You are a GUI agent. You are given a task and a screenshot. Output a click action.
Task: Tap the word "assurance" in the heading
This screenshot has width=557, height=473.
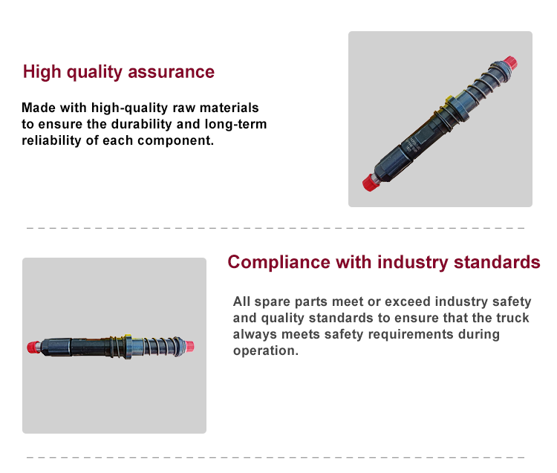coord(172,72)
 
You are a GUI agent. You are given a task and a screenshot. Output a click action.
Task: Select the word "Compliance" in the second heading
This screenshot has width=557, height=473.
coord(278,263)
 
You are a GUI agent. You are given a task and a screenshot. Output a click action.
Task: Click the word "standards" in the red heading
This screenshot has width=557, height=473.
coord(497,262)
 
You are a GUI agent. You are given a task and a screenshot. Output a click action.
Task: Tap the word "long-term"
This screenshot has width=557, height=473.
coord(235,124)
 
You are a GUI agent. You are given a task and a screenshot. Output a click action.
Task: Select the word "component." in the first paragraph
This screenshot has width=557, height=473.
coord(175,140)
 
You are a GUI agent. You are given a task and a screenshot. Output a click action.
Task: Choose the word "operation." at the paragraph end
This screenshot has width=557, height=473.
coord(266,350)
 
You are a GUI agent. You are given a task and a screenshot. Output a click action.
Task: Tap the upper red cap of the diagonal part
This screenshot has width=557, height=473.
coord(510,63)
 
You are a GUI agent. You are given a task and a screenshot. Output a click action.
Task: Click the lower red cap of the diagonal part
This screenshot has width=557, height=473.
coord(371,183)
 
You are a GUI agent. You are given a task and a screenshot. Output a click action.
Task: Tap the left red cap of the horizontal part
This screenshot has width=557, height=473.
coord(33,347)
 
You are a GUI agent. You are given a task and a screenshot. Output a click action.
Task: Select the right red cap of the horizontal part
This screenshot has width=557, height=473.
coord(189,346)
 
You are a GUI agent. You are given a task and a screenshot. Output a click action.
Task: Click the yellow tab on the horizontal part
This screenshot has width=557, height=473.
coord(127,336)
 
